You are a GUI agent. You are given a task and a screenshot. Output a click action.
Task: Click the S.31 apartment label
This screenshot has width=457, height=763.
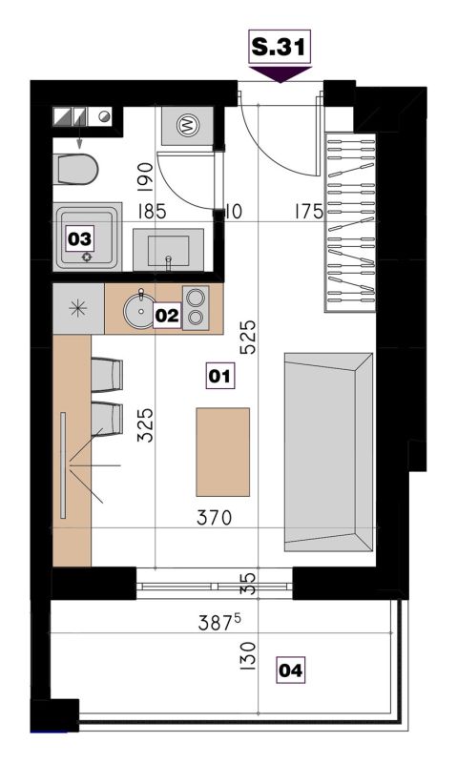point(280,47)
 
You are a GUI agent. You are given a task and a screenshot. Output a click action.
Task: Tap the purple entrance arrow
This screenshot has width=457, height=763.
point(280,74)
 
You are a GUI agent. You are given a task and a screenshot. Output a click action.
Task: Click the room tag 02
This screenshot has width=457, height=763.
point(167,316)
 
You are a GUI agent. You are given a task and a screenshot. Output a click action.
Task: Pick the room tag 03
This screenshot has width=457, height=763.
point(79,239)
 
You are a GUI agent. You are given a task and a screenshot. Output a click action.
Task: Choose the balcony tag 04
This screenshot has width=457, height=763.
point(291,670)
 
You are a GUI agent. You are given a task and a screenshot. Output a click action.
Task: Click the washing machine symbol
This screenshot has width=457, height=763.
point(187,125)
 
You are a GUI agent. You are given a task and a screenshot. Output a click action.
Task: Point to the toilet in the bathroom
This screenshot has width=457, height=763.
point(76,170)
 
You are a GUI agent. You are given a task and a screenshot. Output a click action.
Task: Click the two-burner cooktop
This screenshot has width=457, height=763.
point(196,308)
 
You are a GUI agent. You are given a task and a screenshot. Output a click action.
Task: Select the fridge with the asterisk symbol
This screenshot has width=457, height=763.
point(78,309)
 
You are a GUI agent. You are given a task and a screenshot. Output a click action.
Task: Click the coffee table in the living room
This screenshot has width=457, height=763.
point(223,452)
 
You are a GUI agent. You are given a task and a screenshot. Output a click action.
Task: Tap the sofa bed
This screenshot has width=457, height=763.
point(328,452)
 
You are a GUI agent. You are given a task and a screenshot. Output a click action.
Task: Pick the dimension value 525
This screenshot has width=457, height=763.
point(247,337)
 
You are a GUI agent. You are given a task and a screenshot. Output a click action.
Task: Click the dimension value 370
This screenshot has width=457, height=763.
point(214,517)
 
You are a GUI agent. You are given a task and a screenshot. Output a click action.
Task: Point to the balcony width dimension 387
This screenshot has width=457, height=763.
point(219,623)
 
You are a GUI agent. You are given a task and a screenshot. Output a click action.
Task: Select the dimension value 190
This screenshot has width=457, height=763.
point(146,176)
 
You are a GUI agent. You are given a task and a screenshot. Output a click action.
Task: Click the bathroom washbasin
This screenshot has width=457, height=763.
point(169,250)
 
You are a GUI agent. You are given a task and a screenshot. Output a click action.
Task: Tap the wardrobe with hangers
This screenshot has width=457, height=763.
point(350,222)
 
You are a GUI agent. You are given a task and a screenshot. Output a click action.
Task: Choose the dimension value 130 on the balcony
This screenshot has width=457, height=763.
point(248,656)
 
